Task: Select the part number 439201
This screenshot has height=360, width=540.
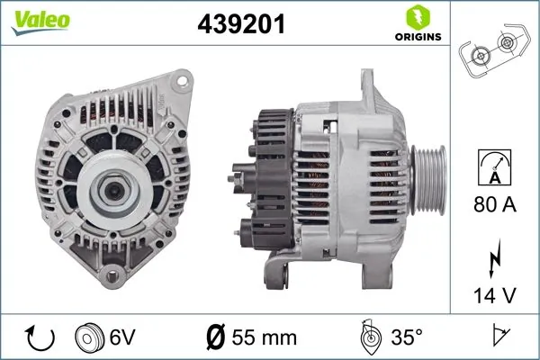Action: [x=241, y=25]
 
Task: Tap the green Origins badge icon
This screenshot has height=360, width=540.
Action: [x=417, y=17]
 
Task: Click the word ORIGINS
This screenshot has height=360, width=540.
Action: [x=417, y=37]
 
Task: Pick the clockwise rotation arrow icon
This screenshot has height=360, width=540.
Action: [x=41, y=338]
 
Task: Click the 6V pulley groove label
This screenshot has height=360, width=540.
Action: [x=123, y=338]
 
